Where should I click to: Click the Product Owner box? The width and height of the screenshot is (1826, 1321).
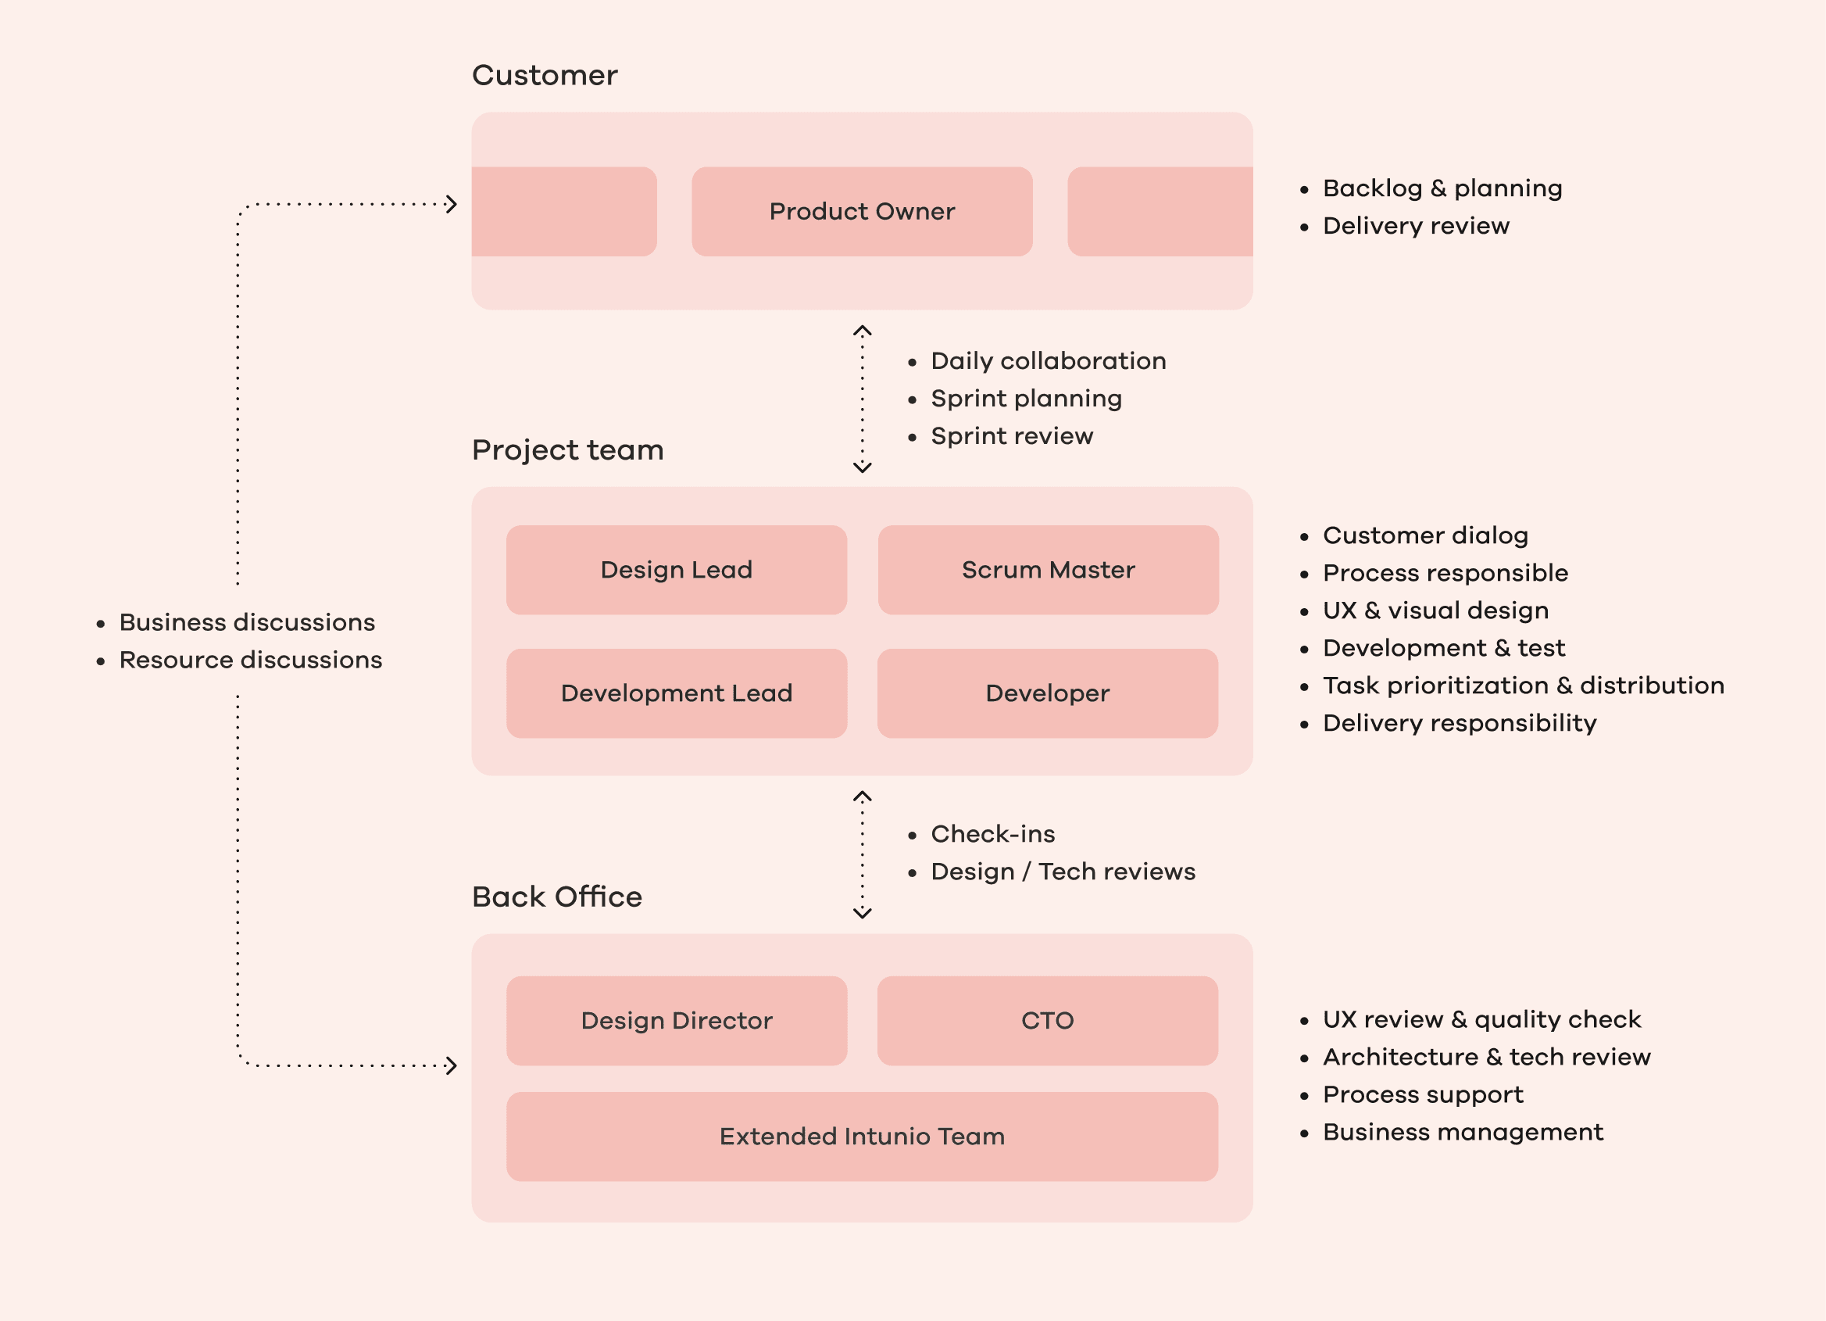[x=862, y=211]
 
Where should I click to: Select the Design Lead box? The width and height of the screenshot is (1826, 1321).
[x=677, y=570]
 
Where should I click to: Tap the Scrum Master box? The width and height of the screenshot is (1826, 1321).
[x=1048, y=570]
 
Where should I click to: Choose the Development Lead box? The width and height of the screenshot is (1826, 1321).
[x=677, y=693]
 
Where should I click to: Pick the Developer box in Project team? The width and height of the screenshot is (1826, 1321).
[x=1047, y=693]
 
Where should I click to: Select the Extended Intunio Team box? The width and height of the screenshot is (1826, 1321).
[x=862, y=1136]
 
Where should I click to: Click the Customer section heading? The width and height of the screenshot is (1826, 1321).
[x=545, y=75]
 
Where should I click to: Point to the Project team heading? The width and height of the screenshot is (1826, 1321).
[x=567, y=449]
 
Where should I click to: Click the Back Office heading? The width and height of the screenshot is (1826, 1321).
[x=556, y=897]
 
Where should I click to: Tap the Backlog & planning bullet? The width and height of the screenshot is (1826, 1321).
[x=1441, y=188]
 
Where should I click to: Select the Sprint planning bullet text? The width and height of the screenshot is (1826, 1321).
[x=1026, y=398]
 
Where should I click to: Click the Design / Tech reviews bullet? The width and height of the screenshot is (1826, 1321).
[x=1062, y=871]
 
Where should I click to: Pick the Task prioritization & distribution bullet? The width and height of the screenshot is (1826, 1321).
[x=1523, y=685]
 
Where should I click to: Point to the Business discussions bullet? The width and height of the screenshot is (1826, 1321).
[x=246, y=622]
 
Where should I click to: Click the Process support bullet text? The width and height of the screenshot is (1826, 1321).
[x=1422, y=1094]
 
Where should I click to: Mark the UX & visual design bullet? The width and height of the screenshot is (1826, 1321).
[x=1435, y=610]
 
